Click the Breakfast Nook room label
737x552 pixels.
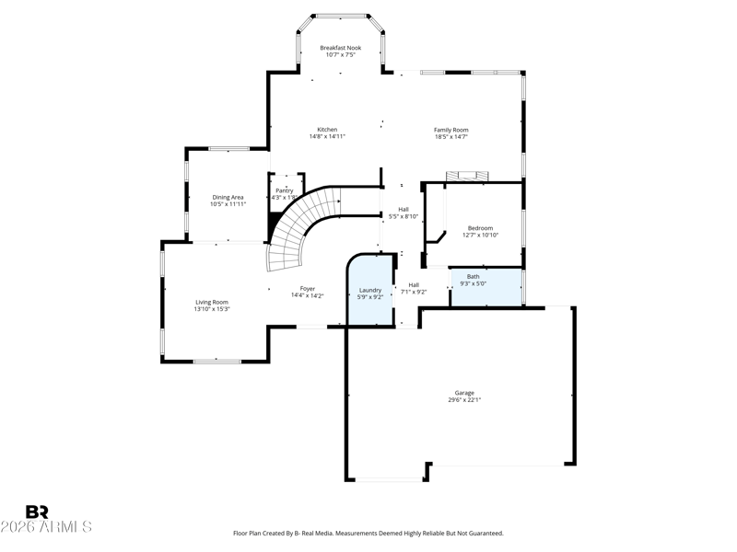(x=340, y=48)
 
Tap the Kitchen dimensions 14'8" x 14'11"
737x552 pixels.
(x=327, y=136)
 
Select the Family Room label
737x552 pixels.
(x=451, y=130)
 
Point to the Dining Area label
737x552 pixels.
(x=228, y=198)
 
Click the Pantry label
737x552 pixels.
(x=285, y=190)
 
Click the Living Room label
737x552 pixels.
(x=212, y=303)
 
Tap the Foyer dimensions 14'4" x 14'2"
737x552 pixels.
(x=308, y=295)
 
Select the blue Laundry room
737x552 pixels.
(x=370, y=290)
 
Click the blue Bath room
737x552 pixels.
(x=486, y=287)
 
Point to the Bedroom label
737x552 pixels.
(x=480, y=228)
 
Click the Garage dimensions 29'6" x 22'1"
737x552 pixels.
(x=464, y=400)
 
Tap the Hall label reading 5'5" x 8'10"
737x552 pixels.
(x=404, y=213)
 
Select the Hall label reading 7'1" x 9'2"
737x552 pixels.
(x=414, y=288)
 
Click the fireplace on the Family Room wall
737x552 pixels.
(x=468, y=176)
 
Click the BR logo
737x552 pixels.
(x=37, y=512)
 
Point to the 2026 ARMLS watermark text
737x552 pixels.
(x=46, y=527)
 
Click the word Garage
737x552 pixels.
(x=464, y=393)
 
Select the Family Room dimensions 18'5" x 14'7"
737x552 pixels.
(x=451, y=137)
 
